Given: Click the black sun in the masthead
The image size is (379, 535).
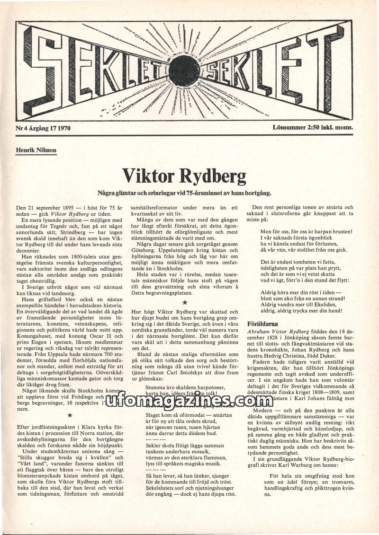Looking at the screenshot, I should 184,70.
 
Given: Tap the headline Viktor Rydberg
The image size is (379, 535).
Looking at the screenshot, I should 184,176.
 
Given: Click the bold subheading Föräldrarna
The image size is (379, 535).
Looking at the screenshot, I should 263,324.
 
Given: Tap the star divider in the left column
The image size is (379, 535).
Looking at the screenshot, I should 70,415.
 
